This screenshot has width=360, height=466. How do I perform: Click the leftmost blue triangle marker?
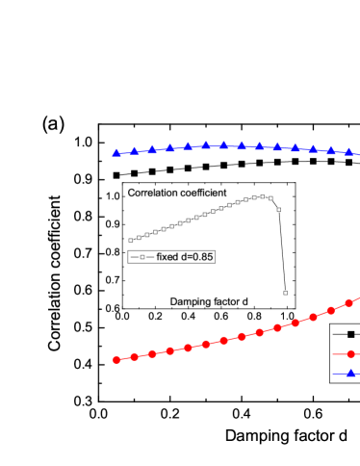[116, 152]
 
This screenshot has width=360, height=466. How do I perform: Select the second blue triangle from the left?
[135, 150]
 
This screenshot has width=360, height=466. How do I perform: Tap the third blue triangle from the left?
[152, 149]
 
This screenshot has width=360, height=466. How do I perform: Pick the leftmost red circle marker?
[116, 359]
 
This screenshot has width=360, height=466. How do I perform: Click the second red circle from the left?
[135, 356]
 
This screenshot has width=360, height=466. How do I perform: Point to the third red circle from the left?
[152, 353]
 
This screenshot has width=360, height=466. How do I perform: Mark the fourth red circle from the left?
[170, 350]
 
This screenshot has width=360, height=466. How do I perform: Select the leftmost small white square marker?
[131, 240]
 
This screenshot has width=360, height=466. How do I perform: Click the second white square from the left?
[139, 237]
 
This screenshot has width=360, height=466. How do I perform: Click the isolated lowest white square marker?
[285, 293]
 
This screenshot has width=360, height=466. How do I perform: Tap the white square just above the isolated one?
[279, 209]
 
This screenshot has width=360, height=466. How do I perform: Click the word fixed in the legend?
[167, 257]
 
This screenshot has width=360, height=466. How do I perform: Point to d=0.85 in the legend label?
[196, 257]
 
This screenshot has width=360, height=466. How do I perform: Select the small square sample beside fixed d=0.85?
[141, 257]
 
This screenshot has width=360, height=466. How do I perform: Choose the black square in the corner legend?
[351, 334]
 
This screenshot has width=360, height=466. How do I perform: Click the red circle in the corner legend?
[351, 353]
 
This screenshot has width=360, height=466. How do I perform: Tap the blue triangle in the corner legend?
[351, 373]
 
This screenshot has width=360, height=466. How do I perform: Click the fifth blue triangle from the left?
[188, 146]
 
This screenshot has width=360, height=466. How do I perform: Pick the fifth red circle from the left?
[188, 347]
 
